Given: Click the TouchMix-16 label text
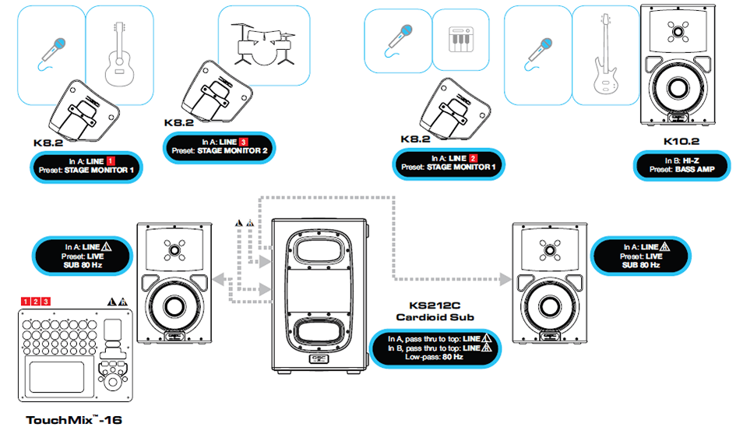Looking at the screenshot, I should (74, 420).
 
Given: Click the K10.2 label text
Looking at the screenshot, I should (682, 142).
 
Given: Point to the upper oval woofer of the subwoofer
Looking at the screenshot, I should (319, 254).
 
